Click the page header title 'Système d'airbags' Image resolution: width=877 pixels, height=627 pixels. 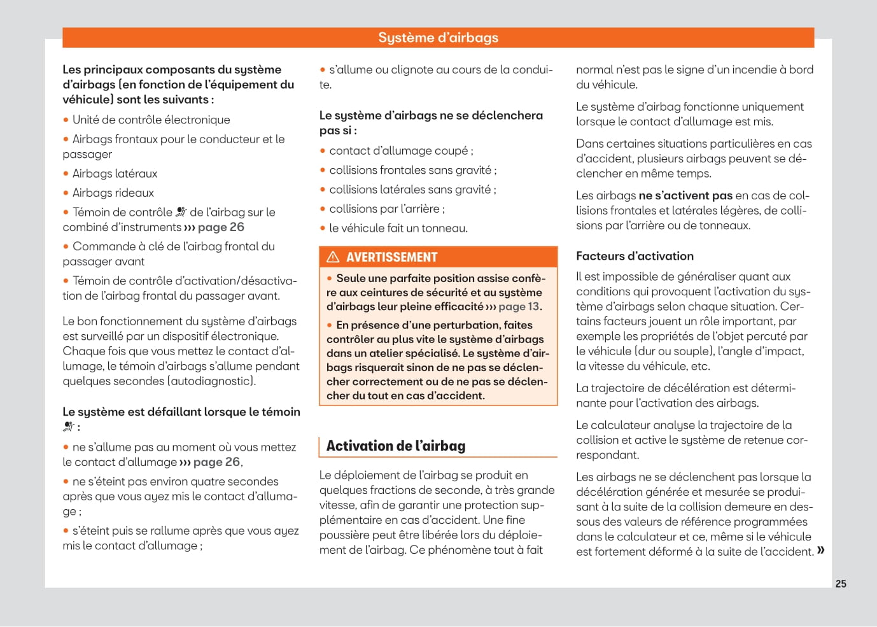438,38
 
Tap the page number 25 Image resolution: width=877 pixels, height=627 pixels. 841,584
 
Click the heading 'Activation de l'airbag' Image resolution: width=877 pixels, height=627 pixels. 396,446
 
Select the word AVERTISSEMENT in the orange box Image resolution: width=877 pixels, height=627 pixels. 391,257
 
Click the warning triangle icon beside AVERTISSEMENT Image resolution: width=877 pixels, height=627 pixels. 333,257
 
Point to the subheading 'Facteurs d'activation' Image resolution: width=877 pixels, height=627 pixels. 635,256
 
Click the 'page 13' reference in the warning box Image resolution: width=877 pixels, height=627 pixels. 519,307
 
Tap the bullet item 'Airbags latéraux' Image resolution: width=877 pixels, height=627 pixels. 115,174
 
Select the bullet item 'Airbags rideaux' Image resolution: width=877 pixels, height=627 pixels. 113,193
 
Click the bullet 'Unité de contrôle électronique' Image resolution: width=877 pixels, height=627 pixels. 151,120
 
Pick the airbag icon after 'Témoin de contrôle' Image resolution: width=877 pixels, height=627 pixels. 181,212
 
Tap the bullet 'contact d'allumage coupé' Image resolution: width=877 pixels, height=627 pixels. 401,151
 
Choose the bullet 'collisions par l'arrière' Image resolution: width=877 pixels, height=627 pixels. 387,209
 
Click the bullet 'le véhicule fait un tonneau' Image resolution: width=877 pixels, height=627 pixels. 398,228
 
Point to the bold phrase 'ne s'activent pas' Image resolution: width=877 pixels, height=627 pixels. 685,195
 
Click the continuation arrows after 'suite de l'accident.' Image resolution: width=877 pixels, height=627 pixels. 820,551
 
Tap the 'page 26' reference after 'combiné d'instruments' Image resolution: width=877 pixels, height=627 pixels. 220,227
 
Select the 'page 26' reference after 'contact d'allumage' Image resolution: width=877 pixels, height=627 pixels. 216,462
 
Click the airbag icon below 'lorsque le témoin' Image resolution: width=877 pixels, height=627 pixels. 69,427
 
